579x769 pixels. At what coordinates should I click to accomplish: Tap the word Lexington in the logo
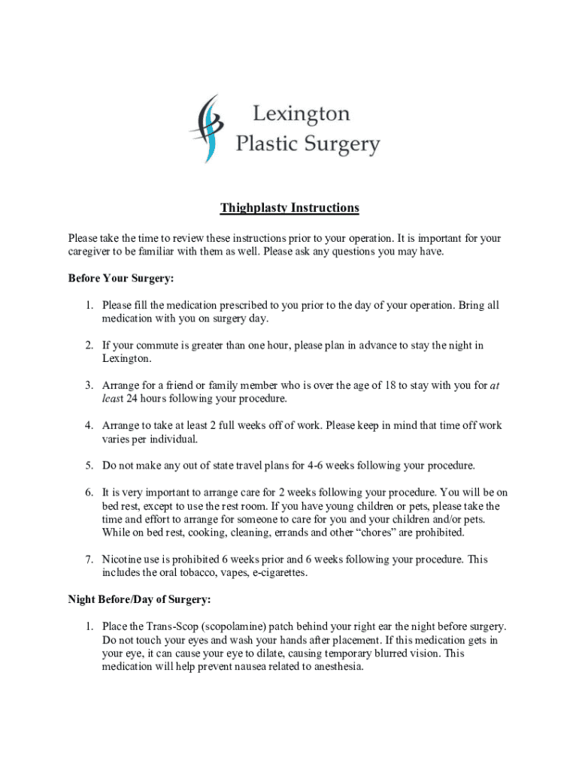point(301,114)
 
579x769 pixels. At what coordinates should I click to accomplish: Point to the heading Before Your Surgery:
point(121,279)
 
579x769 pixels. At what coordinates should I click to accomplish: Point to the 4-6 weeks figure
point(320,466)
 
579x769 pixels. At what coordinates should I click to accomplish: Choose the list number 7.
point(88,559)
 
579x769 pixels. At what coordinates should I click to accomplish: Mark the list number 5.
point(88,466)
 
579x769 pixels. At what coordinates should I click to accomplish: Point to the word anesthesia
point(333,667)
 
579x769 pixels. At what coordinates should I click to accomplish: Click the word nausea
point(230,667)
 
